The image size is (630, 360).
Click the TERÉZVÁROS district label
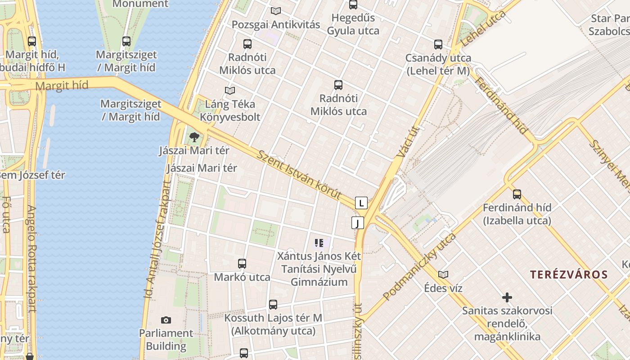[x=569, y=274]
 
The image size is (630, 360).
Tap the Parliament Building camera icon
[x=166, y=320]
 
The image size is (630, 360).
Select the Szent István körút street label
[x=299, y=175]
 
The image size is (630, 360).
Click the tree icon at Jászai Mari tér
[x=194, y=137]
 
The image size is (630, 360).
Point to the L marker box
[x=361, y=203]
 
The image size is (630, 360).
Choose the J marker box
[x=358, y=223]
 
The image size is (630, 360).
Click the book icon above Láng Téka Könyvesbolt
[x=230, y=91]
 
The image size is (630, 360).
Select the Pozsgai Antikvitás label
[x=276, y=25]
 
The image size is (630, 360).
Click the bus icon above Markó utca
[x=242, y=264]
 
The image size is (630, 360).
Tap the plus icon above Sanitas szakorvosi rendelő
[x=507, y=297]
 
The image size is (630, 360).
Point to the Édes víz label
[x=443, y=288]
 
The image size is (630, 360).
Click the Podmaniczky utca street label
[x=419, y=266]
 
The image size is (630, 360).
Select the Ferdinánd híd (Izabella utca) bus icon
[x=517, y=194]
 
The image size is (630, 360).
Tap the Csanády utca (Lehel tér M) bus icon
[x=438, y=45]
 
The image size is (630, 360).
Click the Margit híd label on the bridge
[x=62, y=85]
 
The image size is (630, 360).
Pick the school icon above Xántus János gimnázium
[x=319, y=243]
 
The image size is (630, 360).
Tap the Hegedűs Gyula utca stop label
[x=353, y=24]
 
